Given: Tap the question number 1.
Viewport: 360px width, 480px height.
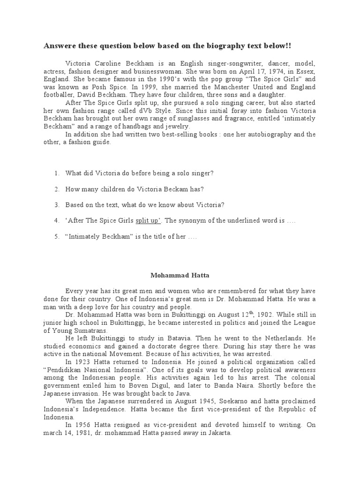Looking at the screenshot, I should click(x=57, y=173).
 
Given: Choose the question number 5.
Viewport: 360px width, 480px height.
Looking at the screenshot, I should click(x=57, y=236).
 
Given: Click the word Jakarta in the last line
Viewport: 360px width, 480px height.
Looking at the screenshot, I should click(x=218, y=433).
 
